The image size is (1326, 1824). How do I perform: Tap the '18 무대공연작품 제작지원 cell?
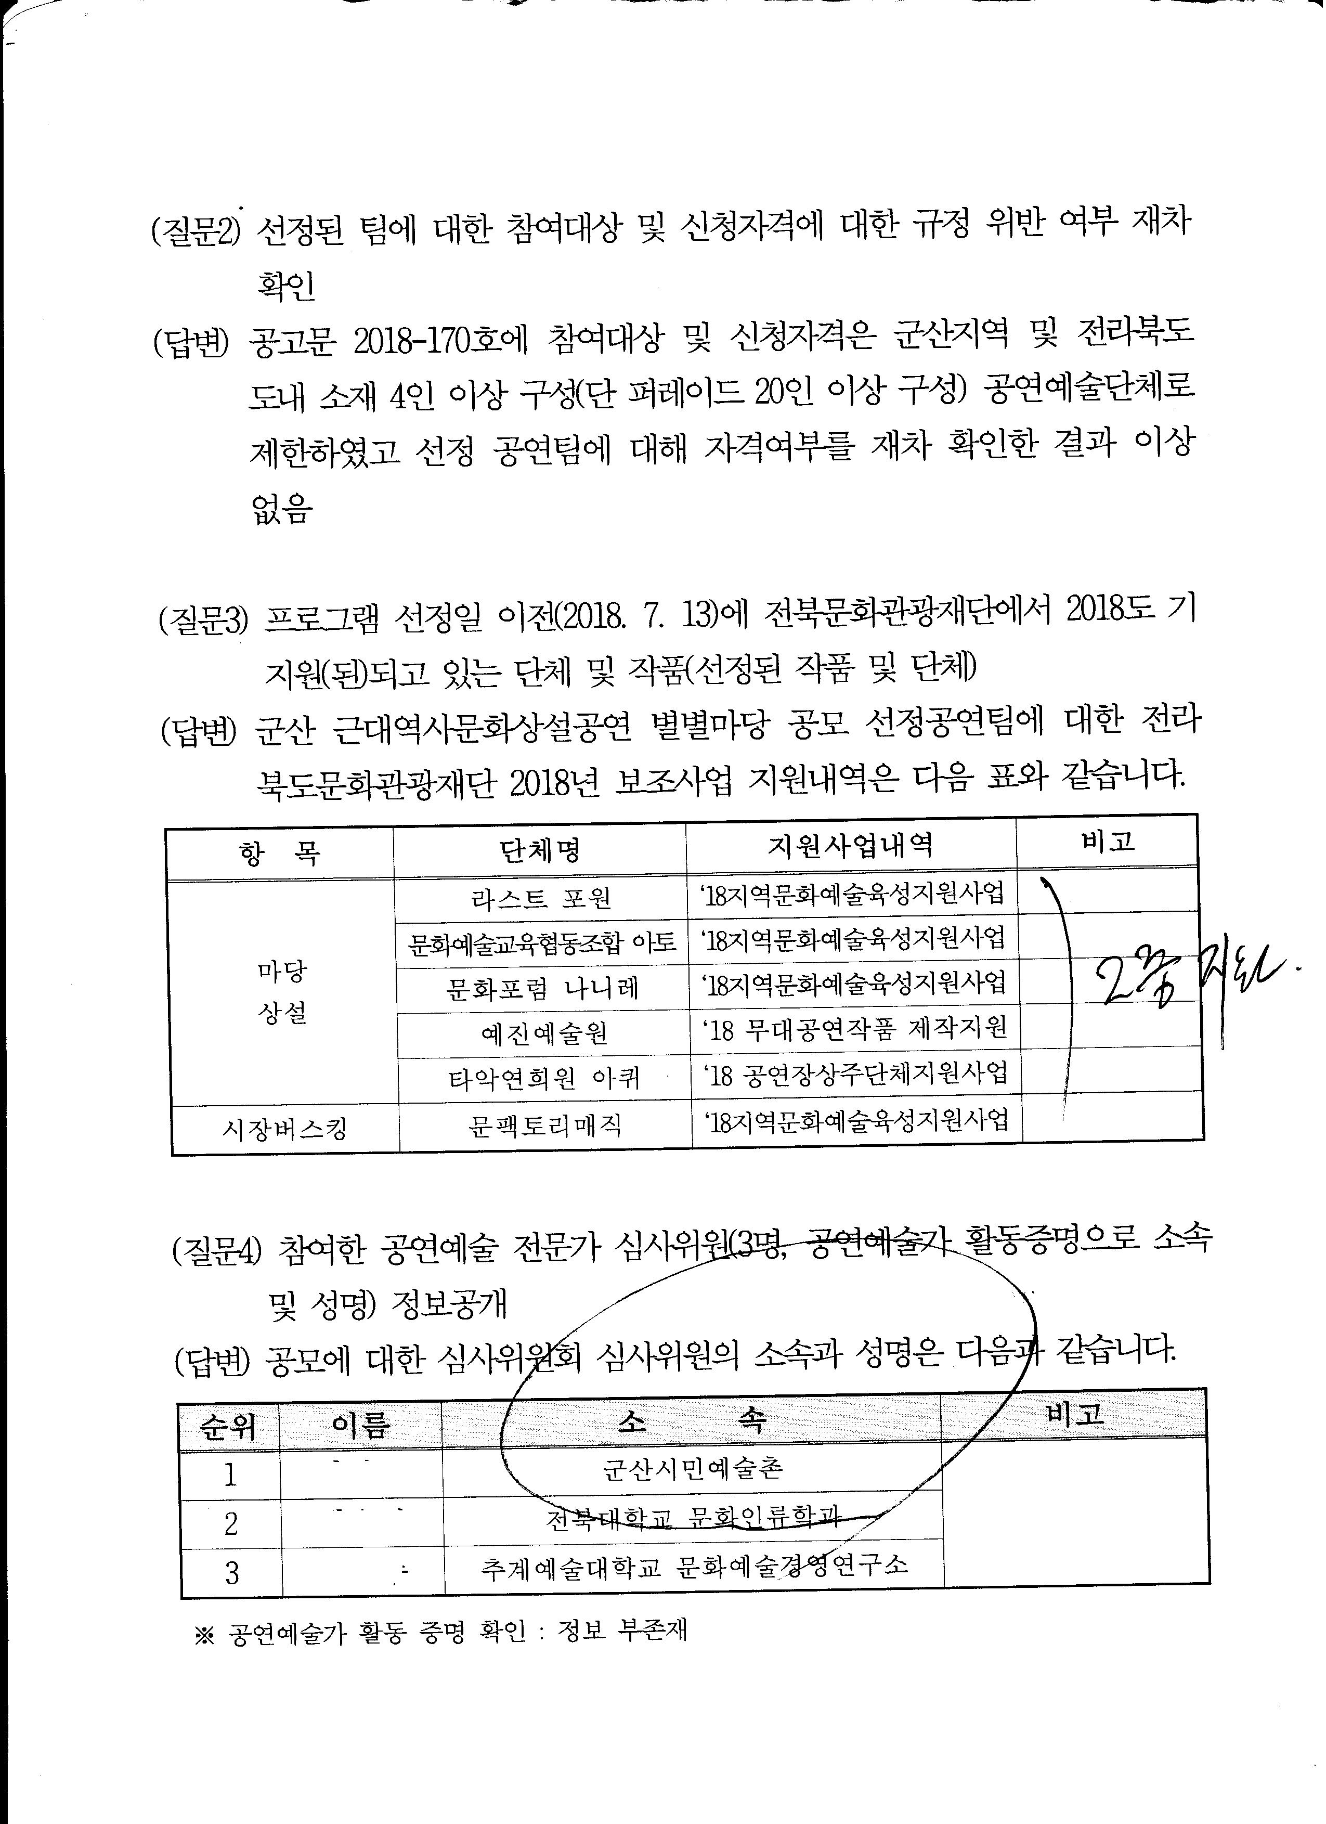(855, 1029)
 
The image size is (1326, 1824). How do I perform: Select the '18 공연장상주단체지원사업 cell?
(855, 1073)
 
